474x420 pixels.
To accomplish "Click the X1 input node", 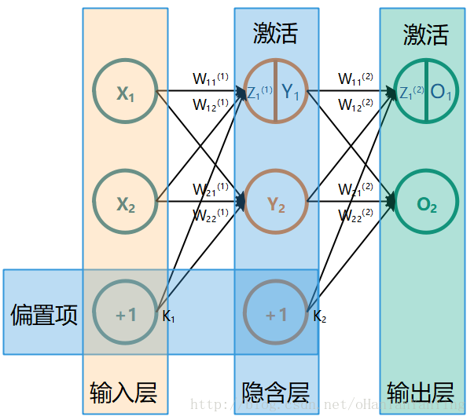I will pyautogui.click(x=125, y=93).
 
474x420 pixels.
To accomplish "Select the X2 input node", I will pyautogui.click(x=125, y=204).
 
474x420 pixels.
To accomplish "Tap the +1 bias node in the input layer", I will pyautogui.click(x=125, y=315).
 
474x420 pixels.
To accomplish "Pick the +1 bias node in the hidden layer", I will pyautogui.click(x=275, y=315).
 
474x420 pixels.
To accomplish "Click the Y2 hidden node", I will pyautogui.click(x=275, y=204).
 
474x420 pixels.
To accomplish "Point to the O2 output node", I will pyautogui.click(x=426, y=204).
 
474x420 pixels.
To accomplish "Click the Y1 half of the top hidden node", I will pyautogui.click(x=291, y=93).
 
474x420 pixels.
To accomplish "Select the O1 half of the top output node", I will pyautogui.click(x=441, y=93).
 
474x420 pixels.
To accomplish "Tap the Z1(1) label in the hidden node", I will pyautogui.click(x=259, y=93).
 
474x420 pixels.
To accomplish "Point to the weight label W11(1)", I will pyautogui.click(x=211, y=79).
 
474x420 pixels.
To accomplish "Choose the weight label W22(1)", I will pyautogui.click(x=211, y=214).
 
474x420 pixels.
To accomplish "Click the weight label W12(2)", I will pyautogui.click(x=356, y=104).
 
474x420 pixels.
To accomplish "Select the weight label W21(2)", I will pyautogui.click(x=356, y=190).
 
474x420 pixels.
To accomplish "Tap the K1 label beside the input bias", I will pyautogui.click(x=168, y=317).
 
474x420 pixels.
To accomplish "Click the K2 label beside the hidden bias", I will pyautogui.click(x=319, y=317).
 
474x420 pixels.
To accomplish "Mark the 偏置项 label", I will pyautogui.click(x=44, y=316).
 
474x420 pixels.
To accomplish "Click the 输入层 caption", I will pyautogui.click(x=124, y=391).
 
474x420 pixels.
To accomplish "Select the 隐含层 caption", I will pyautogui.click(x=275, y=391).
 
